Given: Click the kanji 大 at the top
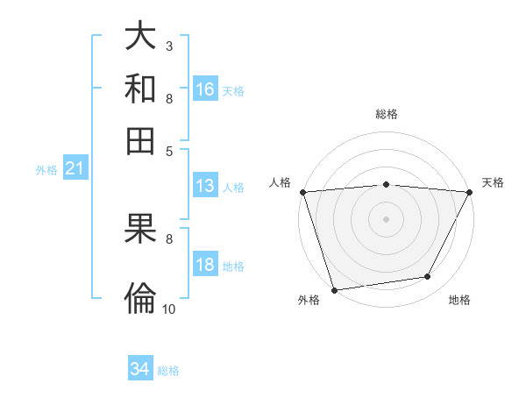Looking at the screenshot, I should click(x=140, y=37).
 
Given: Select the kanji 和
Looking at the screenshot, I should click(x=140, y=89).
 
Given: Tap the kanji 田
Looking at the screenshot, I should click(x=140, y=139).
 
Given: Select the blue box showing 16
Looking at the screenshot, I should click(x=205, y=89).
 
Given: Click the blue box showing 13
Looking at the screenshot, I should click(x=205, y=186).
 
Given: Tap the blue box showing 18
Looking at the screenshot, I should click(x=205, y=266).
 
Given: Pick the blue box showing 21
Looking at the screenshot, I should click(x=75, y=169).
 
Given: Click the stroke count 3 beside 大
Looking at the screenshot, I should click(x=168, y=46).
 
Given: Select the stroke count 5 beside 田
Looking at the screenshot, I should click(x=168, y=150).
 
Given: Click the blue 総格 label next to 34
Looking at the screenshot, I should click(x=169, y=371).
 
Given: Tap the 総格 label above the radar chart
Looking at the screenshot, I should click(x=387, y=114).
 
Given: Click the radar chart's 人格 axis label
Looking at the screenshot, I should click(x=281, y=182).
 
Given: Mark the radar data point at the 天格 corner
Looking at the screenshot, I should click(x=470, y=192).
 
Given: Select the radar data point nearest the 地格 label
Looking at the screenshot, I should click(x=428, y=277).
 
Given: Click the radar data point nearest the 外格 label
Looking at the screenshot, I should click(x=334, y=289).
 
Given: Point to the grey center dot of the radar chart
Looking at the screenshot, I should click(x=386, y=218).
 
